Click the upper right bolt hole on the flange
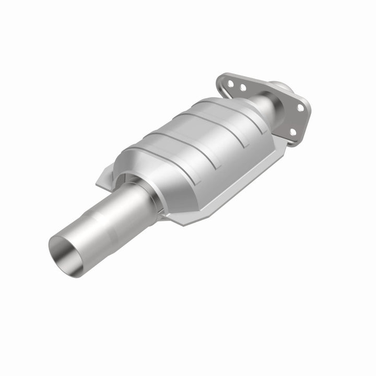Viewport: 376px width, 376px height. coord(300,108)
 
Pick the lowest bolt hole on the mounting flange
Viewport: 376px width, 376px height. coord(292,132)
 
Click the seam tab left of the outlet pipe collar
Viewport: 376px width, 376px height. coord(104,178)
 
